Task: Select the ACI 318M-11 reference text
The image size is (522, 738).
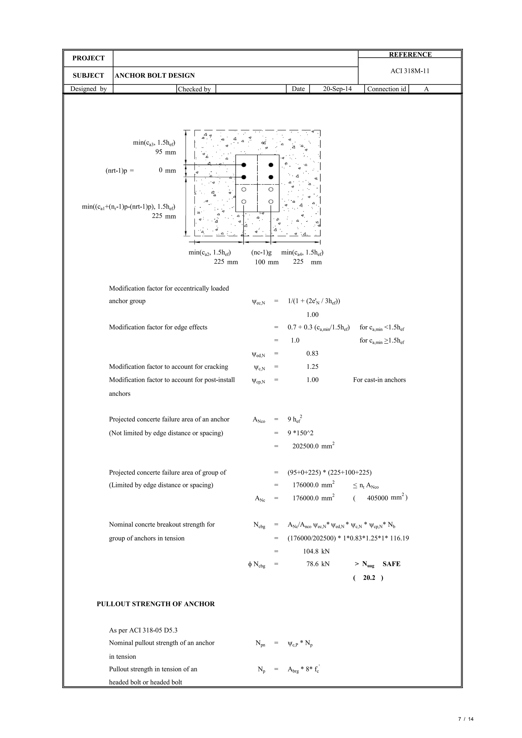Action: click(410, 71)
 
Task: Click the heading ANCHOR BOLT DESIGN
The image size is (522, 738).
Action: click(155, 76)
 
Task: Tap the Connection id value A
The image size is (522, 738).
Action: click(426, 89)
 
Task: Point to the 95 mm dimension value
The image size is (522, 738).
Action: click(166, 152)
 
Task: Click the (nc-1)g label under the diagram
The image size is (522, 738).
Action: click(261, 252)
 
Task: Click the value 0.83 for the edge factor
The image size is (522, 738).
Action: click(312, 354)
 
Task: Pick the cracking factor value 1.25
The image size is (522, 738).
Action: click(312, 367)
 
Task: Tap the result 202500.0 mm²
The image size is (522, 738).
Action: click(313, 446)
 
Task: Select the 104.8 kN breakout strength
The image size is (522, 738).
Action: click(316, 552)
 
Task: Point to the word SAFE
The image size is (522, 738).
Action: click(391, 564)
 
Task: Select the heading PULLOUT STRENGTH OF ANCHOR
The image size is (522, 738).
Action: click(156, 604)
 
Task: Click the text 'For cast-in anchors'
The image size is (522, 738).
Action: click(379, 380)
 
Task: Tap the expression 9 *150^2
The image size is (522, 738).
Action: click(301, 433)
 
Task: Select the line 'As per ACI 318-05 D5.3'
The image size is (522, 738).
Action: click(143, 630)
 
